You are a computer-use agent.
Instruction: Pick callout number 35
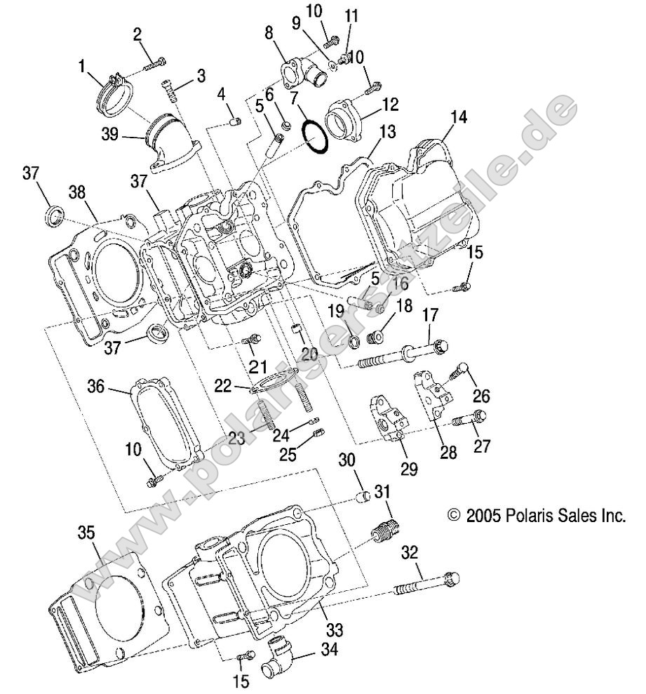(85, 533)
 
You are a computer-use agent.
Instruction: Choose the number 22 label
(222, 384)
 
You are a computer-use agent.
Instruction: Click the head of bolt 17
(439, 345)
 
